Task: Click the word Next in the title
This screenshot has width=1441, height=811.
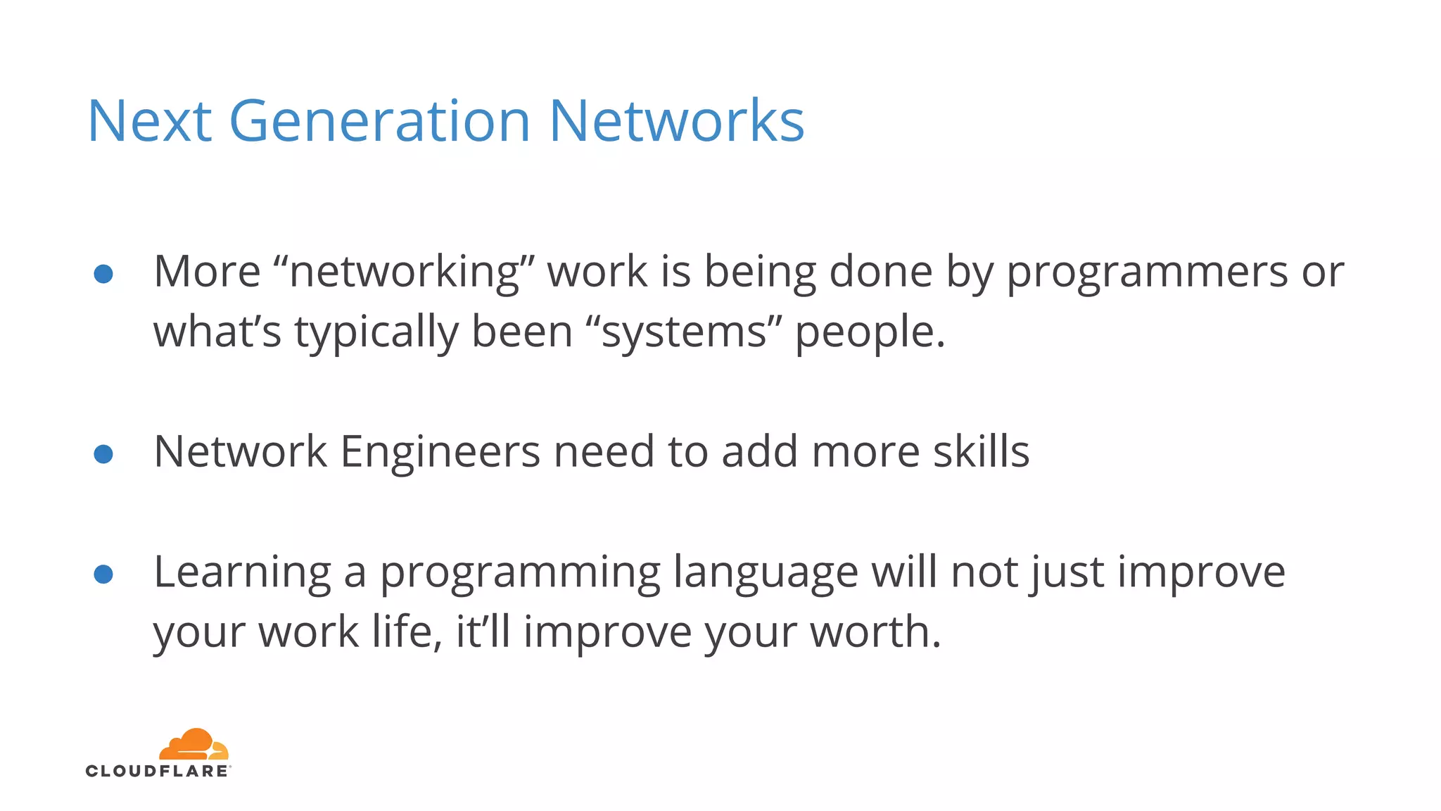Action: [149, 121]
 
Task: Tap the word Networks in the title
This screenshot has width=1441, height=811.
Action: [675, 121]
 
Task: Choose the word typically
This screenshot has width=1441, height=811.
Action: [376, 333]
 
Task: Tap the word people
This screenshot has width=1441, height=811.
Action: [870, 333]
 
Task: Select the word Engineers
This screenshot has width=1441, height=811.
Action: [440, 451]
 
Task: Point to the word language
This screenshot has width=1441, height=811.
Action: [765, 572]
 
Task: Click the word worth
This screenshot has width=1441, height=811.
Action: [875, 631]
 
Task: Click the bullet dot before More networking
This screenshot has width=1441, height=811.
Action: [103, 274]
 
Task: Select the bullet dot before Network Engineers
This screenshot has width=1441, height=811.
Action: [103, 454]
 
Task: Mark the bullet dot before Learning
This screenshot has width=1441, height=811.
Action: [103, 574]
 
